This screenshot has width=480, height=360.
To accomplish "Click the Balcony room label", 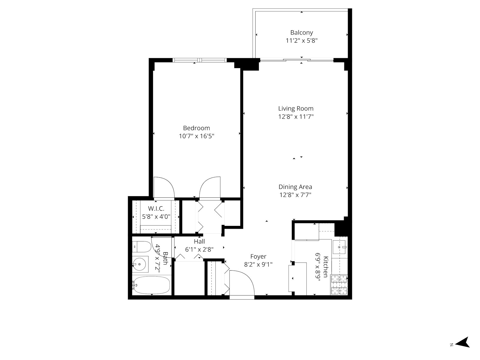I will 301,32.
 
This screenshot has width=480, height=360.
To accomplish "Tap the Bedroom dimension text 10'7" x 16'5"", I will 196,136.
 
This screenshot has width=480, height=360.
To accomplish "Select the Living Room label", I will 296,109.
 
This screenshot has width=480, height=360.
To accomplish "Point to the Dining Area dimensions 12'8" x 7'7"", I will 295,195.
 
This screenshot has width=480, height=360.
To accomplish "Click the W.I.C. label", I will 156,208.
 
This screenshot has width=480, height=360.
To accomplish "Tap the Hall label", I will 199,241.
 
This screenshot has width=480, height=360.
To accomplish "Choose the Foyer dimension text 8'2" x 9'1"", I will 258,265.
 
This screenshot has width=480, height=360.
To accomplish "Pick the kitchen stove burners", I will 339,285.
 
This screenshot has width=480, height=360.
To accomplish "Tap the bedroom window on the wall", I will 199,60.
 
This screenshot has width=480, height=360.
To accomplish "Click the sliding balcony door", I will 297,60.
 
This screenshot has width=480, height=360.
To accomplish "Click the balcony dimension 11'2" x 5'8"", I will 301,41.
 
